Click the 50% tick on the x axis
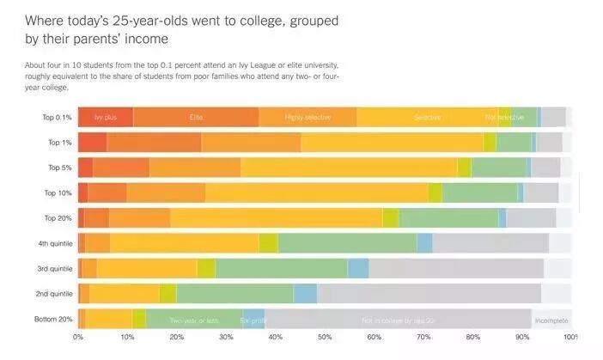[x=325, y=337]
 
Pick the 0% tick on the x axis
[x=78, y=337]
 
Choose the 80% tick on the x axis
[x=473, y=337]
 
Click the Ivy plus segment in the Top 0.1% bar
[x=105, y=117]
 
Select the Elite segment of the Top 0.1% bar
[x=196, y=117]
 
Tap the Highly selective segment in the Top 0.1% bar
[x=308, y=117]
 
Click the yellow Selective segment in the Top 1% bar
[x=392, y=143]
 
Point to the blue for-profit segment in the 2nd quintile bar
[x=305, y=294]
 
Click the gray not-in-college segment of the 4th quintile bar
[x=490, y=243]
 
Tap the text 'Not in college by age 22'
[x=399, y=320]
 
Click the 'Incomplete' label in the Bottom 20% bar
[x=551, y=320]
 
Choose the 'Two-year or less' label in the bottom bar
[x=194, y=320]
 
